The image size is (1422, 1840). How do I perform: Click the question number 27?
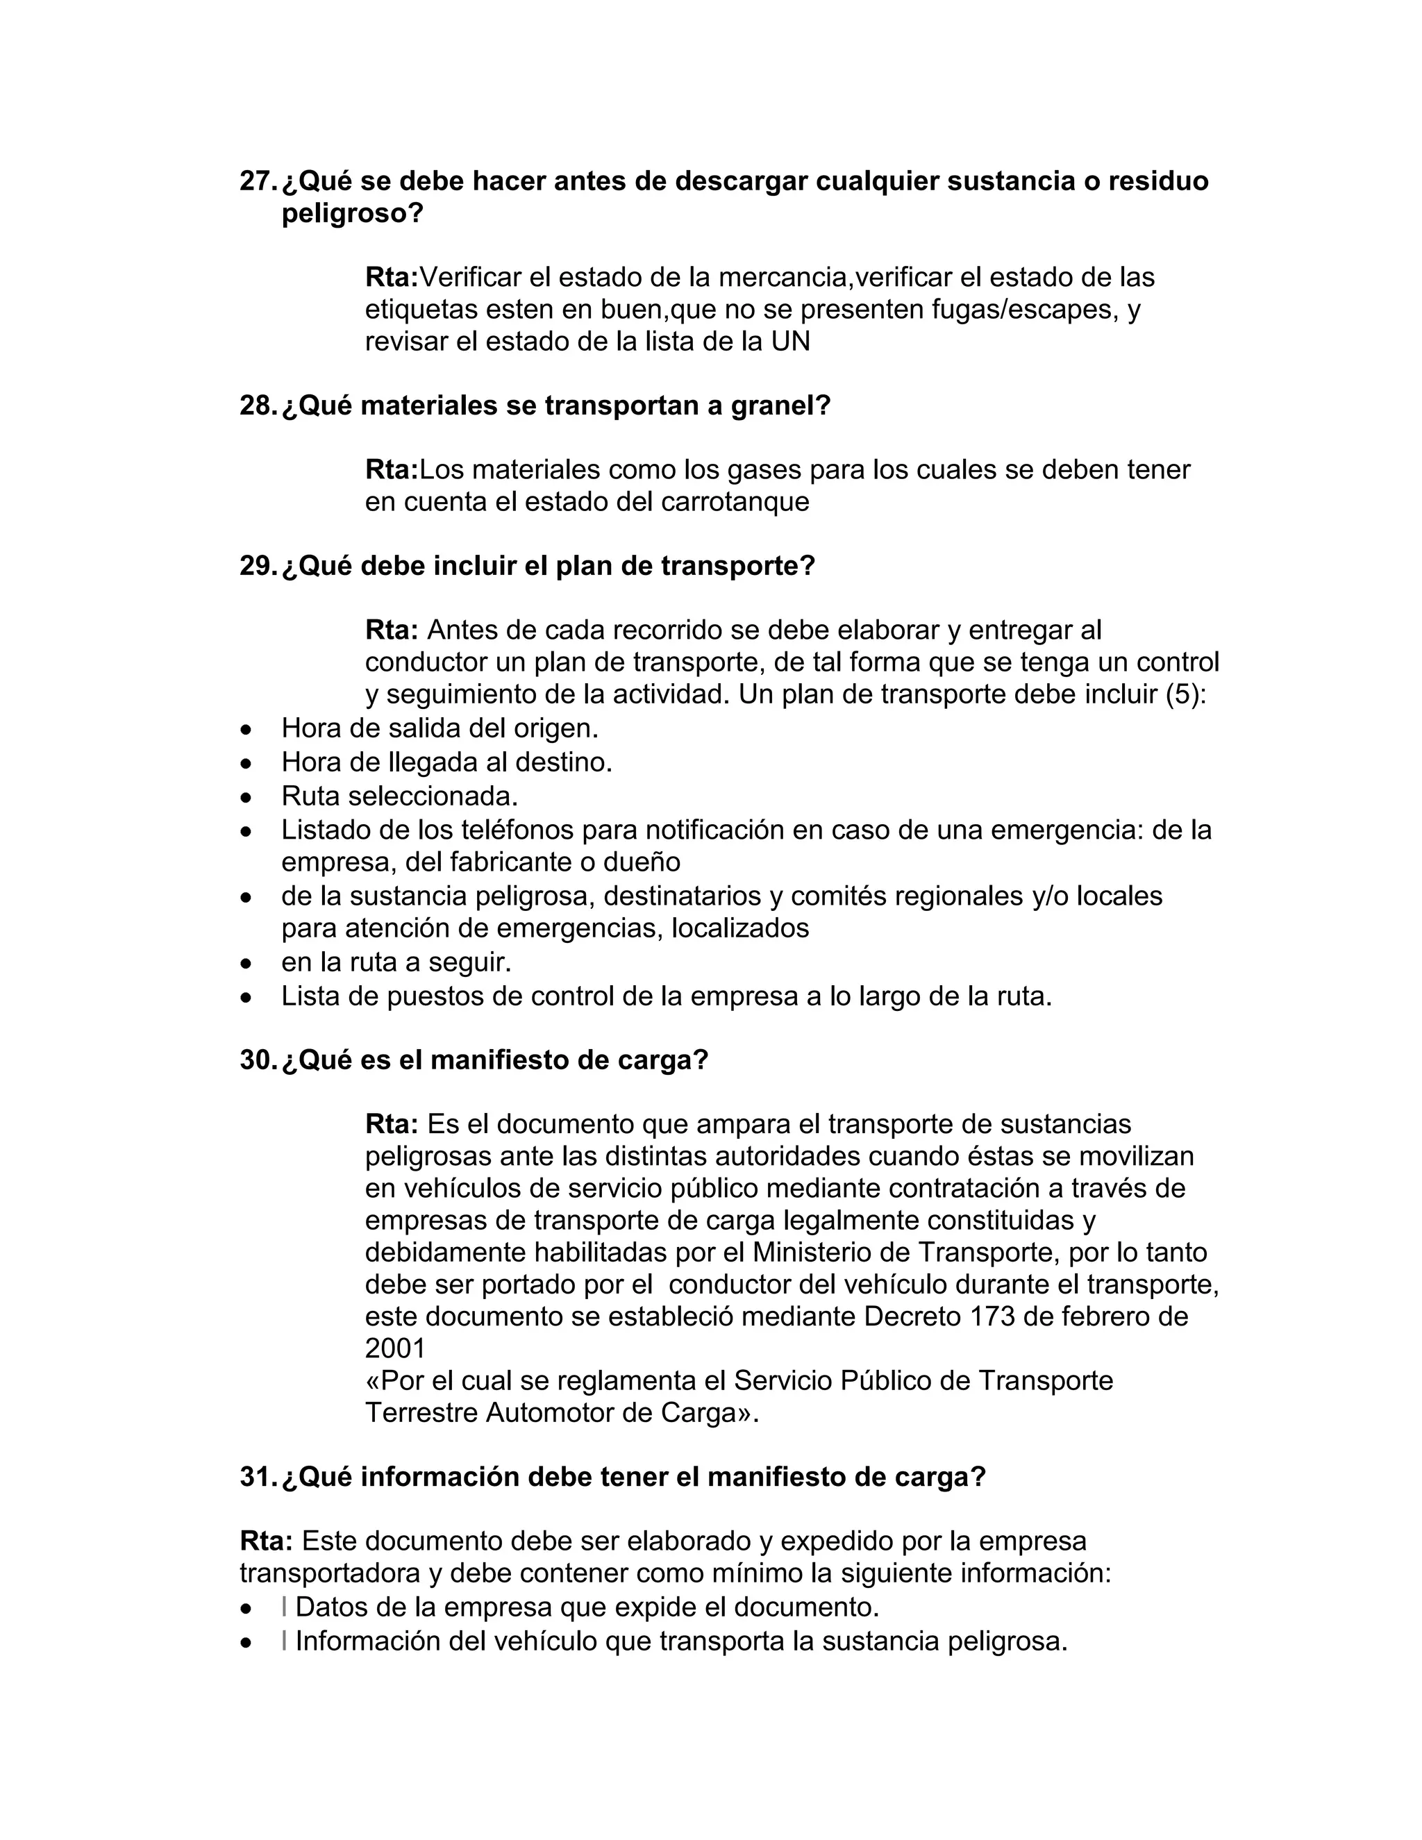point(257,181)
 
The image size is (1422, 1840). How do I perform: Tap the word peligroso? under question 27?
point(352,214)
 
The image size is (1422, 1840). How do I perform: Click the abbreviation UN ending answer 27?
point(790,342)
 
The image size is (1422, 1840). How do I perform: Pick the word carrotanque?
point(735,502)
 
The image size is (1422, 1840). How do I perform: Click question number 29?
point(257,566)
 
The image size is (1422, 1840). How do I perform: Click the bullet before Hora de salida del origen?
point(246,729)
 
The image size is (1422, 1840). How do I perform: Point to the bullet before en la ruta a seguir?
point(246,963)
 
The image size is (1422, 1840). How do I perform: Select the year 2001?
point(395,1349)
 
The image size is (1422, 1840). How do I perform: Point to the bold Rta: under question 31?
point(266,1541)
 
